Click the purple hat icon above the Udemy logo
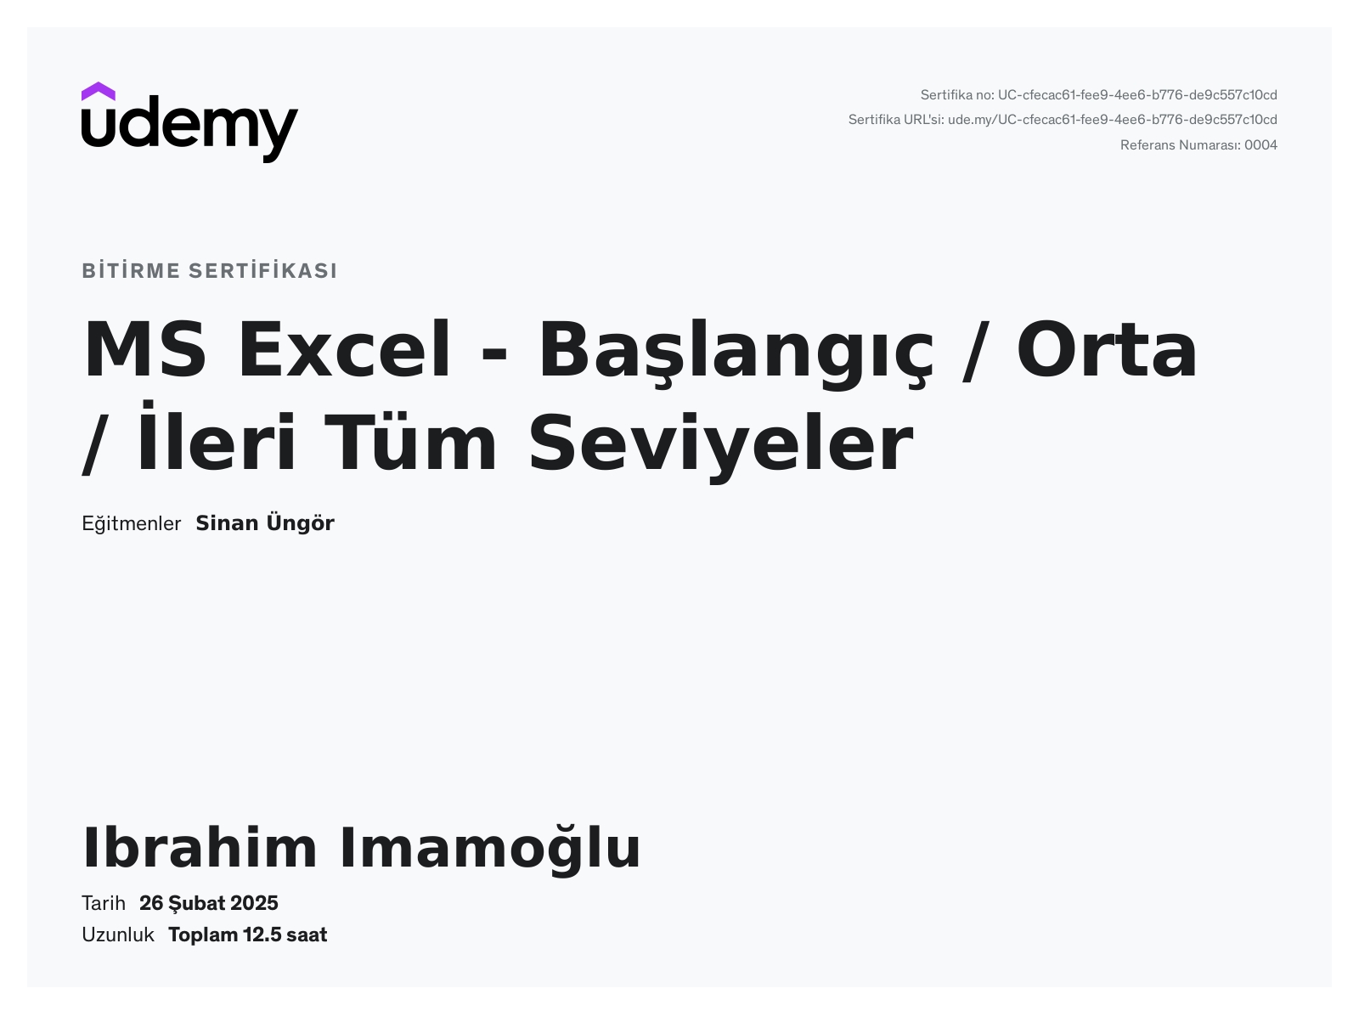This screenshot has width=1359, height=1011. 98,91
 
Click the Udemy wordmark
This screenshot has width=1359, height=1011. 190,129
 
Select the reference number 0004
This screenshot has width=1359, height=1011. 1260,145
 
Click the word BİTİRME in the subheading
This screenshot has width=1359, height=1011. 131,270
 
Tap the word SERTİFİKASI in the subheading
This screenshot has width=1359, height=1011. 262,270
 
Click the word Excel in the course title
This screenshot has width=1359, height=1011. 344,349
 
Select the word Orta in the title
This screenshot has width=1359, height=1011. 1107,349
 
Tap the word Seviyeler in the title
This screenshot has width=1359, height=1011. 721,443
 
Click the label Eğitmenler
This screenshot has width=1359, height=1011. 131,523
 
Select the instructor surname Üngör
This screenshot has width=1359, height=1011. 300,523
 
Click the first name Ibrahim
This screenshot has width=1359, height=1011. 200,848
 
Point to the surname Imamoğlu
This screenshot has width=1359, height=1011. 489,849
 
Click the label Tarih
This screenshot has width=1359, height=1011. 104,903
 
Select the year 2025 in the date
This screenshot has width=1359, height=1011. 254,903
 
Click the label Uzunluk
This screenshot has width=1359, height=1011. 118,935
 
